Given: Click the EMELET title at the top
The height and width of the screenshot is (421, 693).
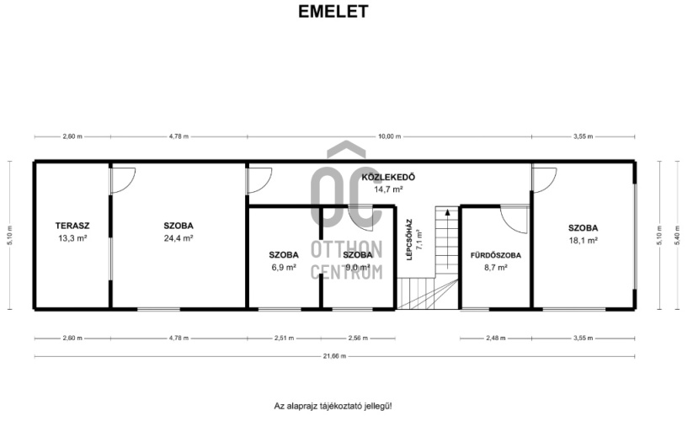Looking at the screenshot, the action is (x=333, y=12).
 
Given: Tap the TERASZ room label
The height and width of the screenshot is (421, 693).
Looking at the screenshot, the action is (x=72, y=226).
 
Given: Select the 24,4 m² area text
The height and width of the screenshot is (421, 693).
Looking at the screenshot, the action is (x=179, y=238).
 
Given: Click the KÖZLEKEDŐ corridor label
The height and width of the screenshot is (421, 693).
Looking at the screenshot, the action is (x=388, y=178).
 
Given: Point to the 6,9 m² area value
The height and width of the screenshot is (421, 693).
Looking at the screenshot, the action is (x=284, y=267).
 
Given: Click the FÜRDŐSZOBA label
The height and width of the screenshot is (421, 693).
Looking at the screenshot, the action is (x=495, y=255).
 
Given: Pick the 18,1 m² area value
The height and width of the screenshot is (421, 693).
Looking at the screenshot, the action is (x=583, y=240).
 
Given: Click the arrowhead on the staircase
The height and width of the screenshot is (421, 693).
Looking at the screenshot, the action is (x=447, y=212).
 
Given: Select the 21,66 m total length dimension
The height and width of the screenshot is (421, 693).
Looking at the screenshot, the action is (x=334, y=356).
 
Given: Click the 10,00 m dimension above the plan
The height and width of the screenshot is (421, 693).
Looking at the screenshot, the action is (x=389, y=136).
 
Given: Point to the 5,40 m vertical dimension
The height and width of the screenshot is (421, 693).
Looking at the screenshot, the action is (x=677, y=235).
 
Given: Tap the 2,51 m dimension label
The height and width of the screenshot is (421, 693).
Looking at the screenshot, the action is (x=284, y=338).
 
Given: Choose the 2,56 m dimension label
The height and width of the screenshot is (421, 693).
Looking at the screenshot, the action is (x=358, y=338).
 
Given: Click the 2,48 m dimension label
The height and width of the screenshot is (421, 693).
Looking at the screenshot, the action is (x=496, y=338).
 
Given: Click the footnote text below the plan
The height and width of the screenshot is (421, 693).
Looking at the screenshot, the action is (x=333, y=406).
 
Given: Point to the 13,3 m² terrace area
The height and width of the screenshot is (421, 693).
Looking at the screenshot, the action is (x=72, y=238).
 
